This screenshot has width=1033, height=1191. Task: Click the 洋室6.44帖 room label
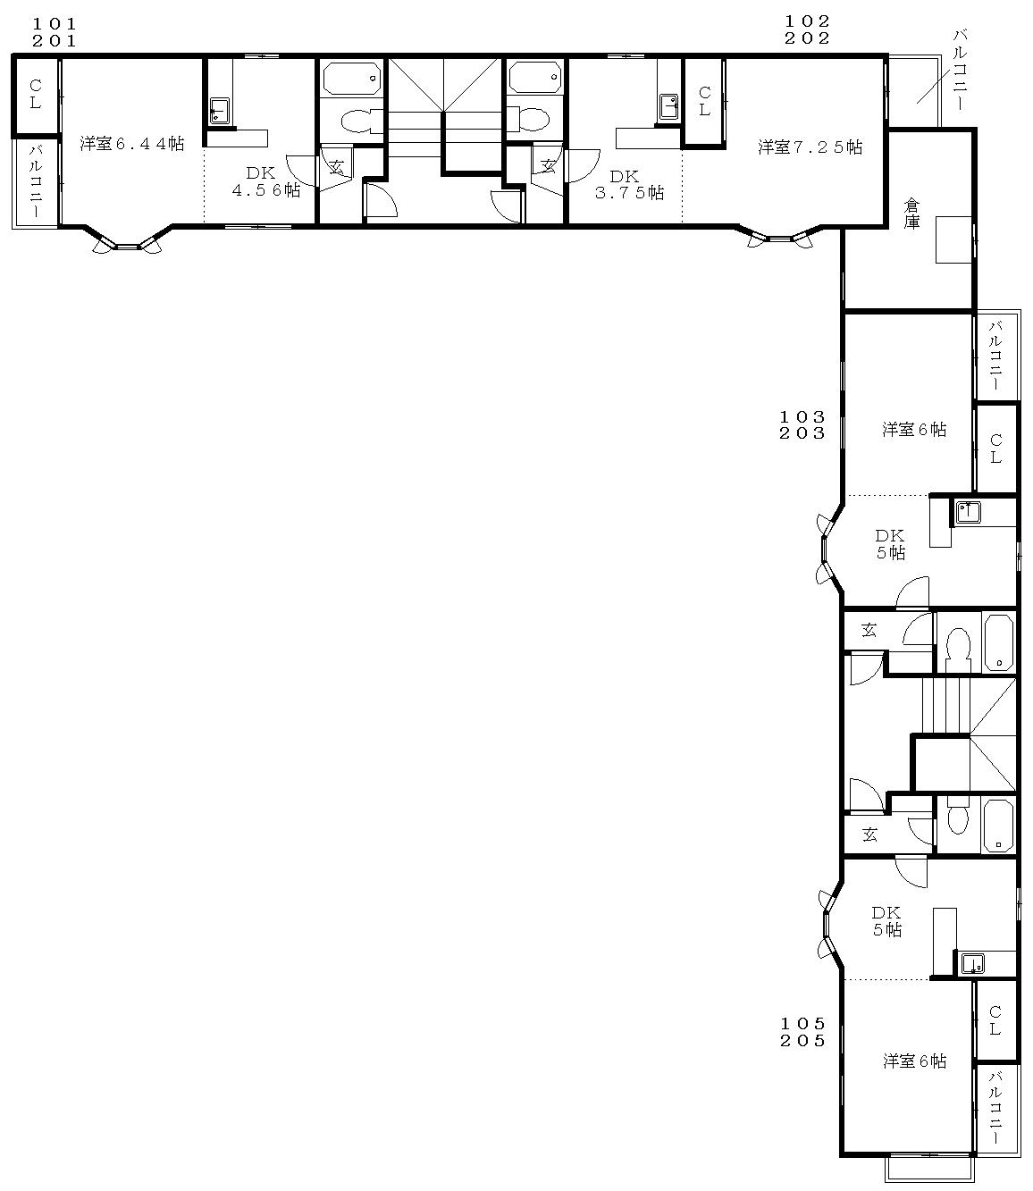tap(132, 144)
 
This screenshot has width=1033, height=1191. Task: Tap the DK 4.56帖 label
tap(265, 181)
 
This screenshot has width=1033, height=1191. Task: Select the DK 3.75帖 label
tap(629, 184)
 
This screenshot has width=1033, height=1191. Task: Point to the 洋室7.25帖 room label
tap(810, 147)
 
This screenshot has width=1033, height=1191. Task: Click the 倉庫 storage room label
tap(911, 214)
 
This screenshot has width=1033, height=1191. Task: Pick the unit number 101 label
tap(55, 24)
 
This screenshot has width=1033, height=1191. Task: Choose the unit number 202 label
tap(807, 38)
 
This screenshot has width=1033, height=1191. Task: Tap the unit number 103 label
tap(802, 416)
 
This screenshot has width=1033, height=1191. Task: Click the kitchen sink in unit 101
tap(219, 110)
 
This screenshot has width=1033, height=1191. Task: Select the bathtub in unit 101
tap(352, 78)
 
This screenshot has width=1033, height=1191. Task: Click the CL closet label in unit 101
tap(36, 94)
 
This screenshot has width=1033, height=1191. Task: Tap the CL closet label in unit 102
tap(704, 101)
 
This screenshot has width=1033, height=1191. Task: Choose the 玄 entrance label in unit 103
tap(869, 631)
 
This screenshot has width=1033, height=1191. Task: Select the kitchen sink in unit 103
tap(969, 512)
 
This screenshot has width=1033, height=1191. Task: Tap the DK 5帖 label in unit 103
tap(891, 544)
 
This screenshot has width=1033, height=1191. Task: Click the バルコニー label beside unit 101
tap(36, 180)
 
